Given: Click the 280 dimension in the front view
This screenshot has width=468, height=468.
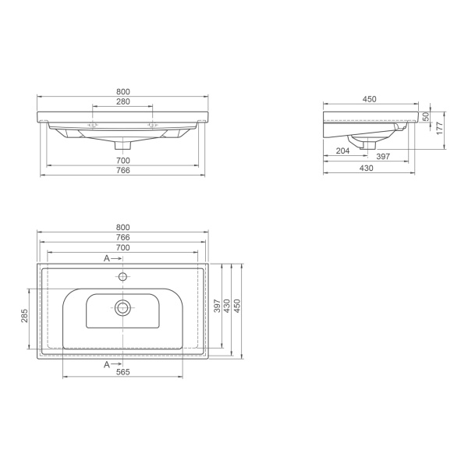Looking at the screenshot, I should point(123,101).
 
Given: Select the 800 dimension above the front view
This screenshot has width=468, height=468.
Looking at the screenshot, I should point(123,91).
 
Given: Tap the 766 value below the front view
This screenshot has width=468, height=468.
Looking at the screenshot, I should point(123,170).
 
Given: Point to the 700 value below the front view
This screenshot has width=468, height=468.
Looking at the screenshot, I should point(123,160).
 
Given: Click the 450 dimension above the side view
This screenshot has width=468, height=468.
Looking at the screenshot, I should point(370,99).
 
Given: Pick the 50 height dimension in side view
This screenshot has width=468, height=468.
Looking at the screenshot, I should point(427,115).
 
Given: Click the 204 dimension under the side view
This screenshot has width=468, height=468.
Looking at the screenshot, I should point(342,150).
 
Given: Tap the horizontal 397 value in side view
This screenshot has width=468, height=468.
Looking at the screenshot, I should point(383,157).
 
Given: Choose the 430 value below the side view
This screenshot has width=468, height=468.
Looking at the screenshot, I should point(366,168).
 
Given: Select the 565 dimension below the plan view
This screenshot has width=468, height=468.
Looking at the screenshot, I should point(123,372).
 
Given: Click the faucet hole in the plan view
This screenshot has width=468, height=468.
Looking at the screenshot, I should point(122,276).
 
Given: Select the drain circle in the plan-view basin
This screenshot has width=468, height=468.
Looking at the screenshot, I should point(122,307).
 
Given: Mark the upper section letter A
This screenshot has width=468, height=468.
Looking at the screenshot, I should point(107,258).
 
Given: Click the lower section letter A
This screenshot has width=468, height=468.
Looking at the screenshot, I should point(107,363).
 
